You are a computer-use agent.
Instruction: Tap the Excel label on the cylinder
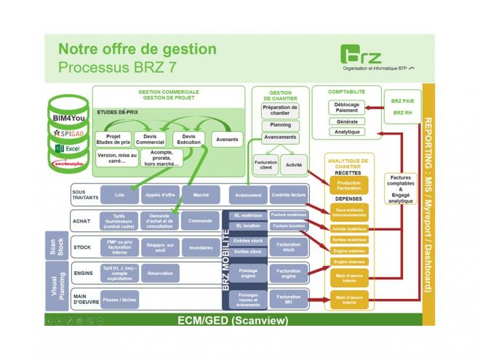pos(68,148)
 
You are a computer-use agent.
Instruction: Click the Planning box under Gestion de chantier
pos(280,125)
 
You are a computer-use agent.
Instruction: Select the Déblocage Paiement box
pos(347,108)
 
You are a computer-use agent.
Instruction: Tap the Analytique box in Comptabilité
pos(347,132)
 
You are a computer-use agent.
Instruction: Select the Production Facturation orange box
pos(349,185)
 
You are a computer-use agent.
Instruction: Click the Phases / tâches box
pos(119,299)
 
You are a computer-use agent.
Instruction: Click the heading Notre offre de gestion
pos(137,49)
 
